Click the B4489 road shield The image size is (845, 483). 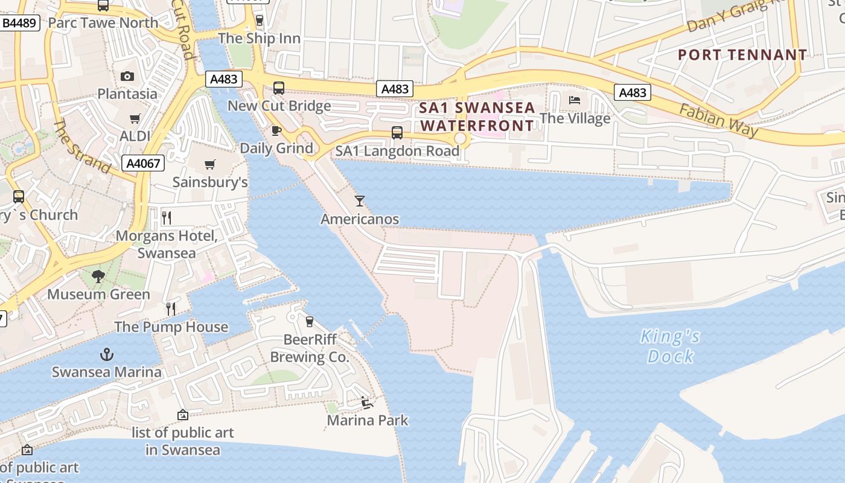click(x=21, y=24)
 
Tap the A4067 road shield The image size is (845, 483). click(x=144, y=163)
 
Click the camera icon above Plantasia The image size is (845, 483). click(x=127, y=76)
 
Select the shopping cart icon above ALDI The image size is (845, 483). click(x=135, y=119)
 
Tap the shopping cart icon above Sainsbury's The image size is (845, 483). click(x=210, y=164)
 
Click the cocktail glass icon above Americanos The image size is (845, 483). click(x=360, y=201)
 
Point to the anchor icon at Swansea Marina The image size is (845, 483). click(x=107, y=354)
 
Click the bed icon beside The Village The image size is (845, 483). click(x=574, y=100)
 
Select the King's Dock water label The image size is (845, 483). click(x=670, y=346)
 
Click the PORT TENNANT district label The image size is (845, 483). click(x=742, y=55)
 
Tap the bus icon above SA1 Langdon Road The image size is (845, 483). click(x=397, y=133)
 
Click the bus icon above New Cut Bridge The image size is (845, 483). click(x=279, y=88)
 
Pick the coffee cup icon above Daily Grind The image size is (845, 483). click(x=276, y=130)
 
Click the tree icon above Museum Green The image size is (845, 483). click(x=98, y=277)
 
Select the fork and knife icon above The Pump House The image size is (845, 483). click(x=171, y=309)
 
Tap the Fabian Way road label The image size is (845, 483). click(x=718, y=120)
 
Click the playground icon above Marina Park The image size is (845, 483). click(x=366, y=403)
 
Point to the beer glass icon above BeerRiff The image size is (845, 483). click(x=310, y=322)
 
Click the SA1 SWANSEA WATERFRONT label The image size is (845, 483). click(x=477, y=117)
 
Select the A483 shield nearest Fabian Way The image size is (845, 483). click(x=632, y=92)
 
